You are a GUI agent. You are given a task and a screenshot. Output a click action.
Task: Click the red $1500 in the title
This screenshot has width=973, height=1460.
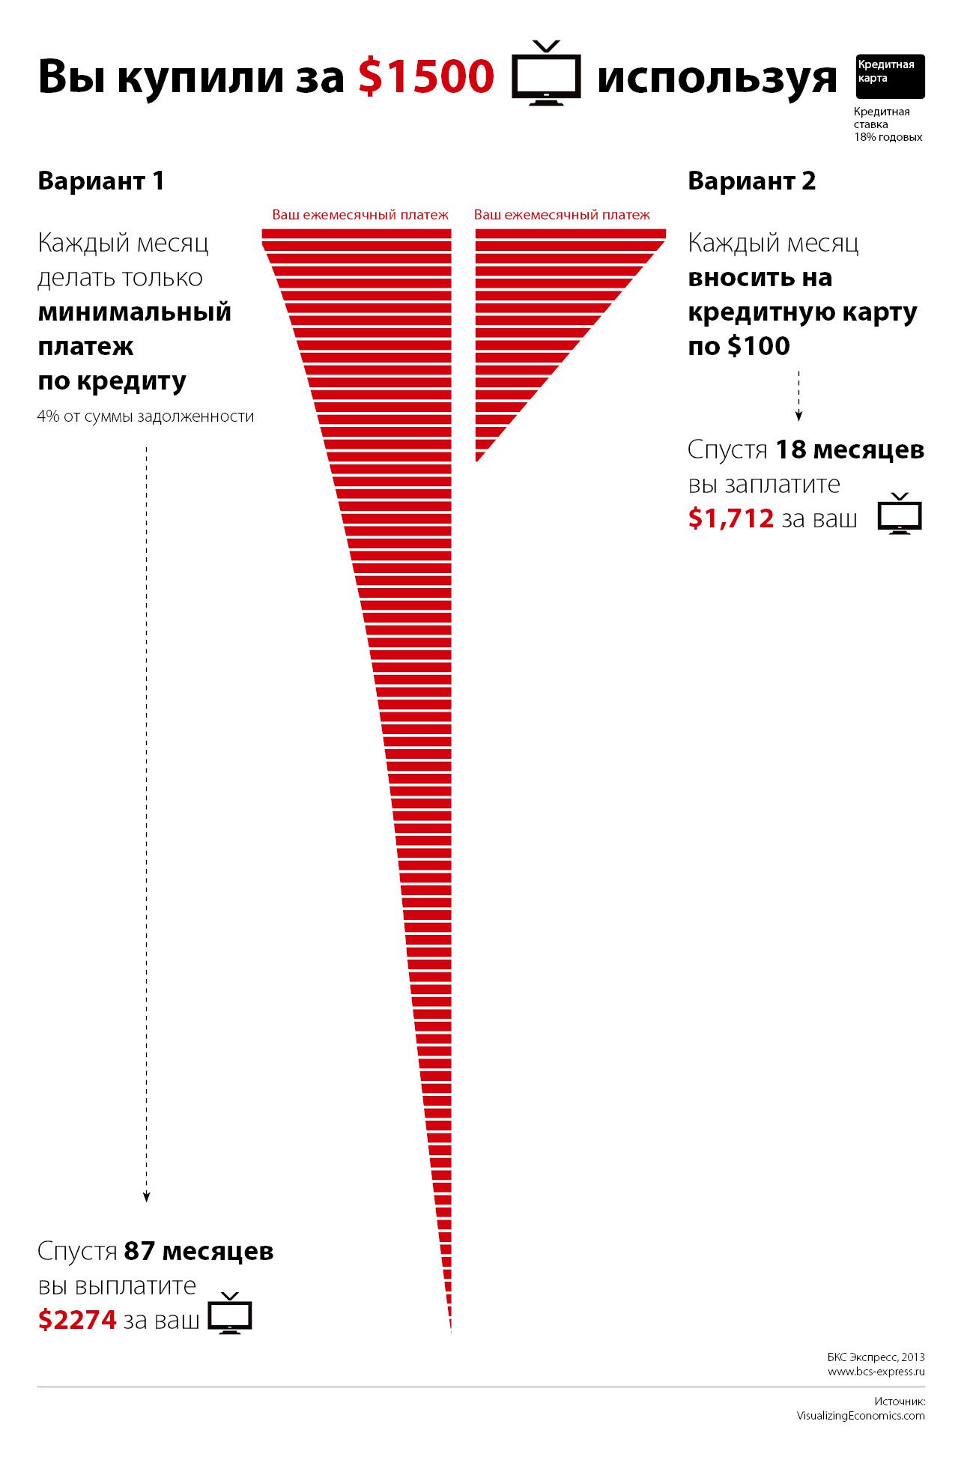click(x=426, y=76)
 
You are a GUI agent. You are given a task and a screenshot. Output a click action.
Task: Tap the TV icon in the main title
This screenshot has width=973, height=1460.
click(x=546, y=74)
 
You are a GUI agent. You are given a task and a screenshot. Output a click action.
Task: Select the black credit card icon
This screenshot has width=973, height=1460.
click(x=890, y=76)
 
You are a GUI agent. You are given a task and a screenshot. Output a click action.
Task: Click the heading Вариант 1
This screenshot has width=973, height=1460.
click(x=101, y=181)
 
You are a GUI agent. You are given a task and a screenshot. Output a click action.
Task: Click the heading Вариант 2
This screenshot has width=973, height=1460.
click(x=751, y=181)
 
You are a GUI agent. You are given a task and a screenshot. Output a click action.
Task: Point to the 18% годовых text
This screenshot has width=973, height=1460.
click(x=888, y=137)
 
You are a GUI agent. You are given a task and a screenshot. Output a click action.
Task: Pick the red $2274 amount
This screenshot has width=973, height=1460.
click(x=77, y=1319)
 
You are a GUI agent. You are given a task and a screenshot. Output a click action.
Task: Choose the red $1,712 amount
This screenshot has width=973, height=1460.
click(x=730, y=518)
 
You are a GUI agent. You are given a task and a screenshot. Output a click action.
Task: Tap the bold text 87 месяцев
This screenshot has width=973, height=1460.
click(x=198, y=1251)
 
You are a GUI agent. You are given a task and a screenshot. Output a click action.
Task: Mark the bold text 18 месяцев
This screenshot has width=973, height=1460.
click(x=849, y=449)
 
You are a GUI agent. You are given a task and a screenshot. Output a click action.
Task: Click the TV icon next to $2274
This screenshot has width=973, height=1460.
click(x=230, y=1315)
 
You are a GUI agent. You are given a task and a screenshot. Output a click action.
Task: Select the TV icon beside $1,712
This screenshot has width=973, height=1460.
click(x=900, y=515)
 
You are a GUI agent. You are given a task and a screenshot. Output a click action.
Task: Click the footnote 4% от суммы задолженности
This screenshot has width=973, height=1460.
click(x=145, y=417)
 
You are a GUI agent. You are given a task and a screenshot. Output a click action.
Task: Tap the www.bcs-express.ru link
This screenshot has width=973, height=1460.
click(x=876, y=1372)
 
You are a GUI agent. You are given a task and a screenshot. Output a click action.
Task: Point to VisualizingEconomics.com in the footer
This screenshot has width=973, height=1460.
click(x=860, y=1416)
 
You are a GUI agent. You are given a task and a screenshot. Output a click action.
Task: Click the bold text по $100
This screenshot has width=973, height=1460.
click(x=739, y=346)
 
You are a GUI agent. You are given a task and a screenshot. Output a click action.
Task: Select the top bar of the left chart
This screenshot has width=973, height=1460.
click(x=357, y=234)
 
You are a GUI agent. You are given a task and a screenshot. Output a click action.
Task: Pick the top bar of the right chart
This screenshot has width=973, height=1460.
click(x=570, y=234)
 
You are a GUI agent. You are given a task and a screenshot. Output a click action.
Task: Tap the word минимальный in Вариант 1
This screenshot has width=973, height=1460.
click(x=135, y=312)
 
